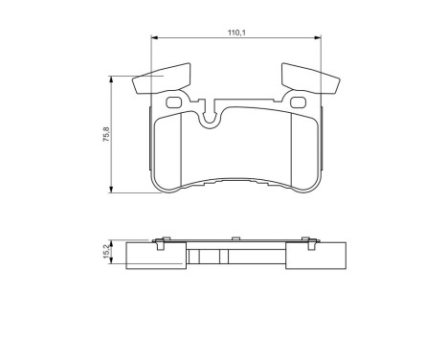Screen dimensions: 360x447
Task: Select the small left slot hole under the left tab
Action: coord(173,103)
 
